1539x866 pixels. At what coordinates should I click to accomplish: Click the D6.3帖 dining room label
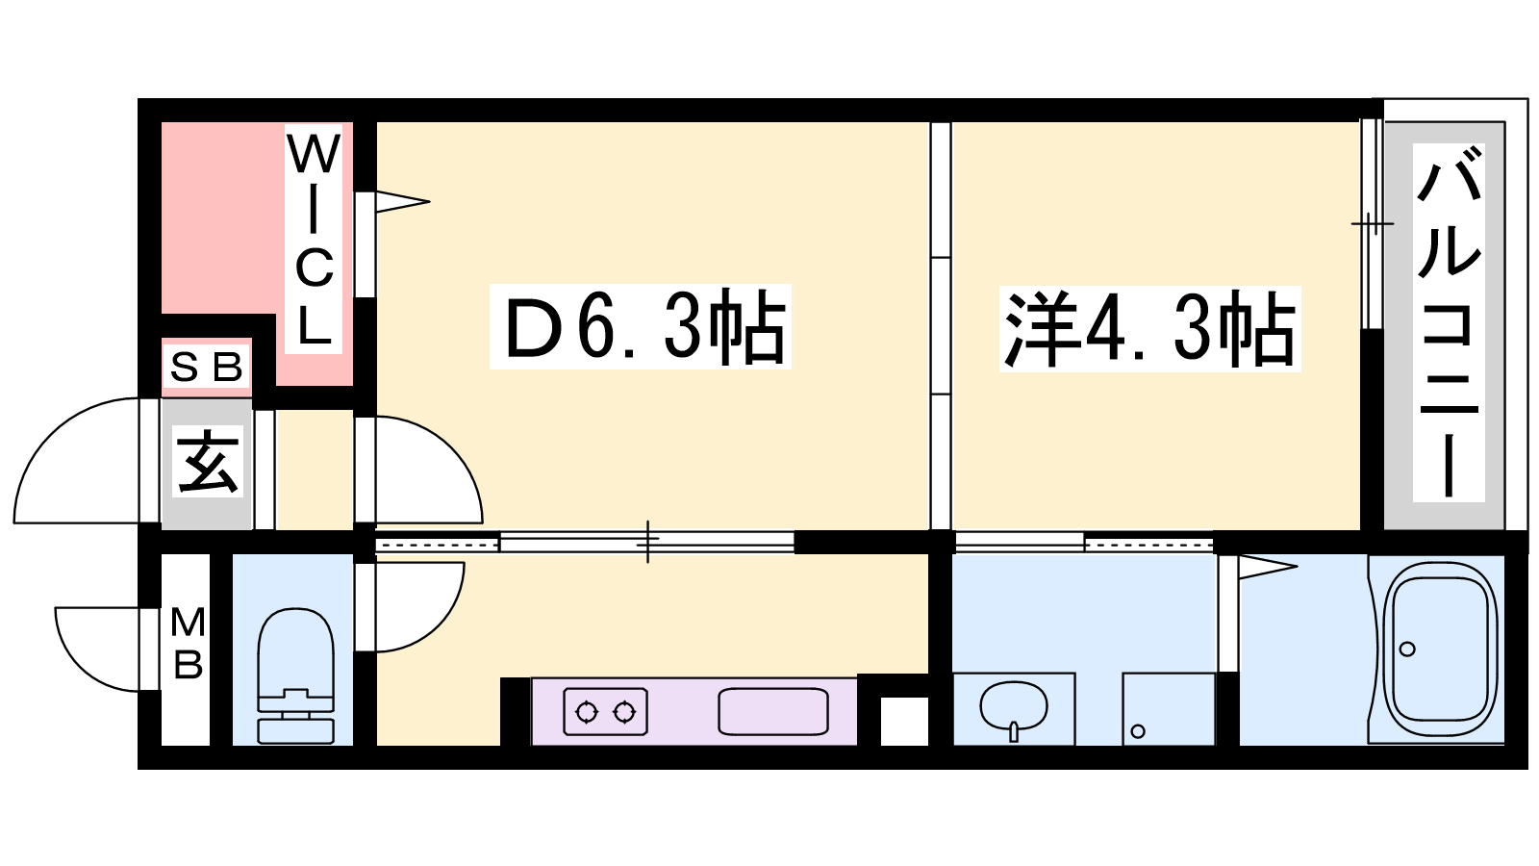(640, 327)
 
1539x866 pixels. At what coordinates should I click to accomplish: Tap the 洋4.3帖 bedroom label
(1150, 329)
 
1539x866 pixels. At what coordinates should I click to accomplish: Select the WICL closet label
(314, 240)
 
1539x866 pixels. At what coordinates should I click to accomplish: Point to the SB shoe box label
(206, 367)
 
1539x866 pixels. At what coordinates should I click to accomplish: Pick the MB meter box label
(187, 644)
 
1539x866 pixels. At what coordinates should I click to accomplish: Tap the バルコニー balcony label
(1449, 322)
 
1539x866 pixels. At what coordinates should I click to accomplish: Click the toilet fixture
(295, 676)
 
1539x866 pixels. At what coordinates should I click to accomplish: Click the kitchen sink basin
(773, 711)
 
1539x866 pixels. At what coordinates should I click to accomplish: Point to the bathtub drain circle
(1407, 649)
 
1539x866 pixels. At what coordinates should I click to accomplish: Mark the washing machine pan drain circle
(1138, 731)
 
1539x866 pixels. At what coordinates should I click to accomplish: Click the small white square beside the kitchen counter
(904, 721)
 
